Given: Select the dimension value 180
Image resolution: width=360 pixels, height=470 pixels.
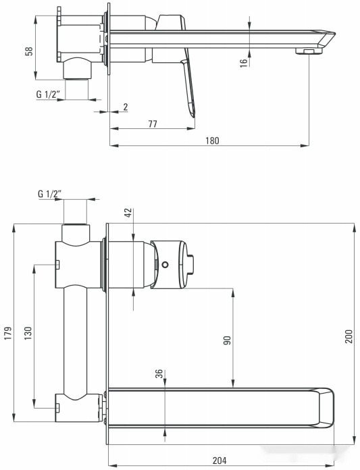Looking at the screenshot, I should point(212,140).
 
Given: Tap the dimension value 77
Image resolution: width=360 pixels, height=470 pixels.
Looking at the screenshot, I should point(152,124).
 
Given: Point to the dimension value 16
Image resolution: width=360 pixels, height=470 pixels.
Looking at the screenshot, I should point(243,61).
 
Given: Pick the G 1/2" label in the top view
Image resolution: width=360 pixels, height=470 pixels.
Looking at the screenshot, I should point(49,95).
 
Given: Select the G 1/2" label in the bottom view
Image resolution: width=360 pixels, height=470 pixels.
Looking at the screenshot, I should point(49,194).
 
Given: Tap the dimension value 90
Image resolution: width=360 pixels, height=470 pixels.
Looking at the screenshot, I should point(228,340).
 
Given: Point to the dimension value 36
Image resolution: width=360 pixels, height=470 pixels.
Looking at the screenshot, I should point(159,375).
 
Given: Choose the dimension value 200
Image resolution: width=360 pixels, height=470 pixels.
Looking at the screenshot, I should point(349,336).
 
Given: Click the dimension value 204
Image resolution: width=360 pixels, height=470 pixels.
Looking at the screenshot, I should point(220,461).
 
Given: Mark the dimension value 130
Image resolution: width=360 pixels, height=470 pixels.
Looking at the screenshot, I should point(28,335).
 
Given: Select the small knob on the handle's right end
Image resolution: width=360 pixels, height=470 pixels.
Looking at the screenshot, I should point(194,263).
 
